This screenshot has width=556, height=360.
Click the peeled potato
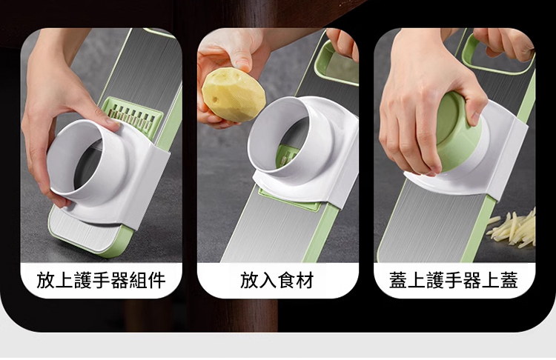point(234,95)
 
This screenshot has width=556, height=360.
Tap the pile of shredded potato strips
point(512,229)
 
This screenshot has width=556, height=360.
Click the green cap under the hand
point(457,130)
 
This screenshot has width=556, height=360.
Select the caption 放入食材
point(277,280)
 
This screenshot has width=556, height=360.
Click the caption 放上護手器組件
point(101,280)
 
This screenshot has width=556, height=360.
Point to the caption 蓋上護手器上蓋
point(454,280)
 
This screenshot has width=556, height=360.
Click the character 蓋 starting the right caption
point(398,280)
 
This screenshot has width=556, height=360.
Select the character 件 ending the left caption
point(157,280)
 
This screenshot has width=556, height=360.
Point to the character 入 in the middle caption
point(268,280)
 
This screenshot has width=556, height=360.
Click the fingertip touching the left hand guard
point(113,124)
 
